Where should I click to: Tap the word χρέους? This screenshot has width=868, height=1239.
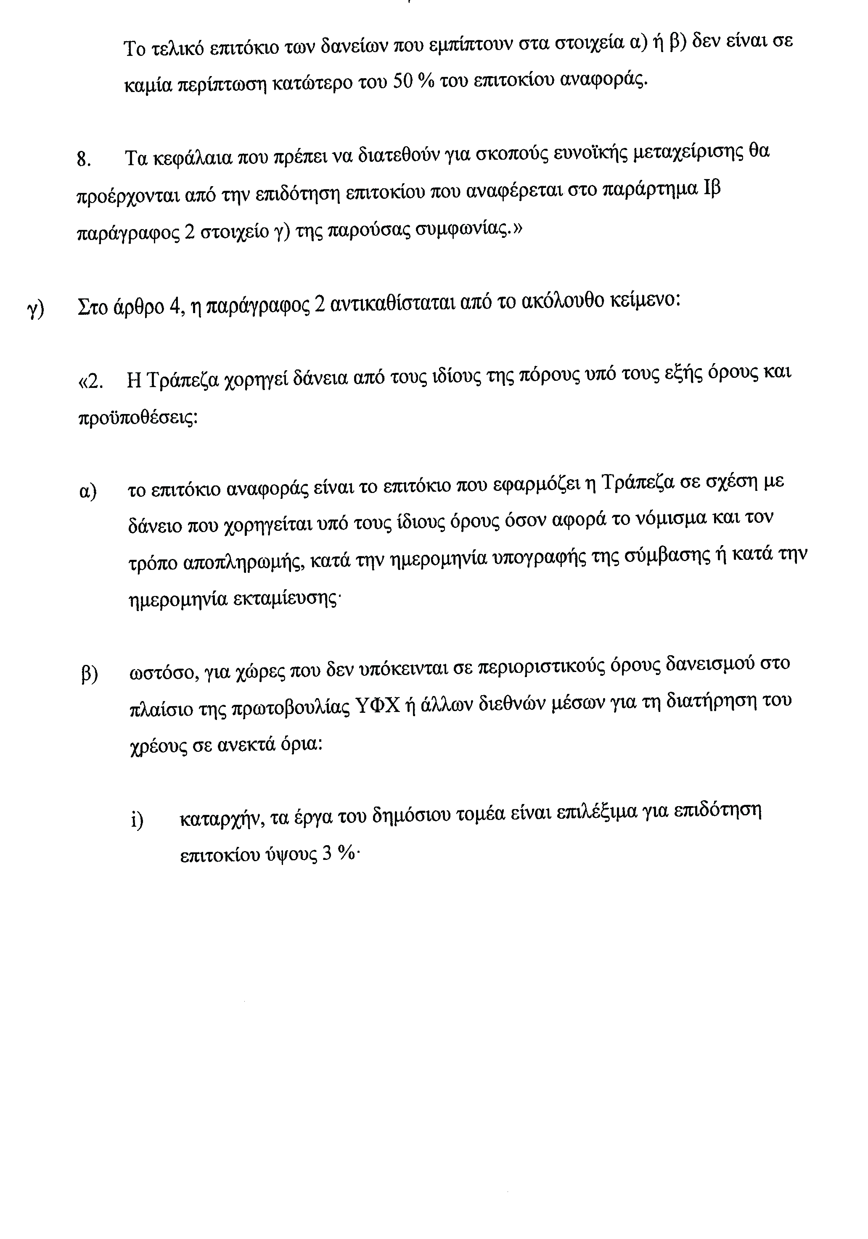point(154,746)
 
